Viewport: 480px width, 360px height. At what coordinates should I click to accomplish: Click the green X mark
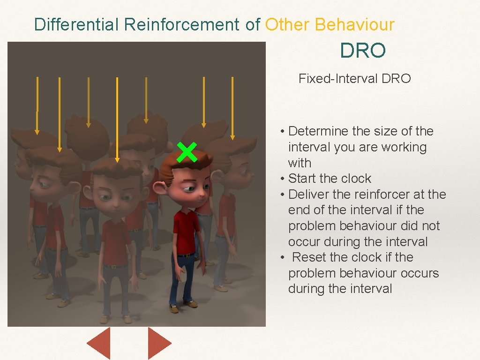click(187, 153)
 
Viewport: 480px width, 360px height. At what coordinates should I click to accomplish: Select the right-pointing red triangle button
click(158, 343)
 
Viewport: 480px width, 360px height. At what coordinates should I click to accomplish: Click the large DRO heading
click(363, 51)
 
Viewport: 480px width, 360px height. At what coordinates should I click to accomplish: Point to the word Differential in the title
click(77, 24)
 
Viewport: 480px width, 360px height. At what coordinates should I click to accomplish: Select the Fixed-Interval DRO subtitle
click(354, 78)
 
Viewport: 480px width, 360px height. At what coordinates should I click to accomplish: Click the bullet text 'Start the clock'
click(330, 179)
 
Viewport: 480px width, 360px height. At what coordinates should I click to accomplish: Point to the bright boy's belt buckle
click(186, 255)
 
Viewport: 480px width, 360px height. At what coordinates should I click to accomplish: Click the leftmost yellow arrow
click(37, 105)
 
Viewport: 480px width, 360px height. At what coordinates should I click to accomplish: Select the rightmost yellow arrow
click(232, 108)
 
